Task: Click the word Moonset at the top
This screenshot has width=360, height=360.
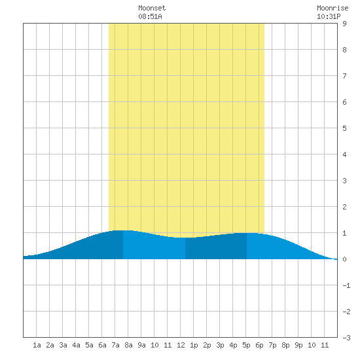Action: tap(152, 8)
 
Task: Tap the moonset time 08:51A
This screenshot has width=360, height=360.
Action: tap(150, 16)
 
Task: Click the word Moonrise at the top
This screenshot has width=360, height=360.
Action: tap(333, 8)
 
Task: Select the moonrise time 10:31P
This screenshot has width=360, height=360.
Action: tap(329, 16)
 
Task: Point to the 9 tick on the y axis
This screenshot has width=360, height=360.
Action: tap(344, 24)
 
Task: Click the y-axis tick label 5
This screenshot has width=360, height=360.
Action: tap(344, 128)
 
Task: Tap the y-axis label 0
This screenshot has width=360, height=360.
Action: tap(344, 259)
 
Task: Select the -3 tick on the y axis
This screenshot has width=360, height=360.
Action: tap(346, 338)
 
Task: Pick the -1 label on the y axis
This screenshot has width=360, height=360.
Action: tap(346, 285)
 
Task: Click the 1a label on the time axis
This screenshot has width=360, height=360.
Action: tap(37, 345)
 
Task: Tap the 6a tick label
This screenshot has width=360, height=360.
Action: tap(102, 345)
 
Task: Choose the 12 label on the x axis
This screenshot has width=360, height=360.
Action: tap(181, 345)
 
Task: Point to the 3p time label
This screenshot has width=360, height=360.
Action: tap(220, 345)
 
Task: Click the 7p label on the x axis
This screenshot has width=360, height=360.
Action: tap(272, 345)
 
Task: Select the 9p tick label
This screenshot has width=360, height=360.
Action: tap(298, 345)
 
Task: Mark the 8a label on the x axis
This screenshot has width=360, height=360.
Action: tap(128, 345)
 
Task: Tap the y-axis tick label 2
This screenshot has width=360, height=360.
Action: tap(344, 207)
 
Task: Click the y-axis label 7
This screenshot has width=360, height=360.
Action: tap(344, 76)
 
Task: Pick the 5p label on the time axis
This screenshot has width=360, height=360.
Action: tap(246, 345)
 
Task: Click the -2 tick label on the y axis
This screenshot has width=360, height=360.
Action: tap(346, 312)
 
